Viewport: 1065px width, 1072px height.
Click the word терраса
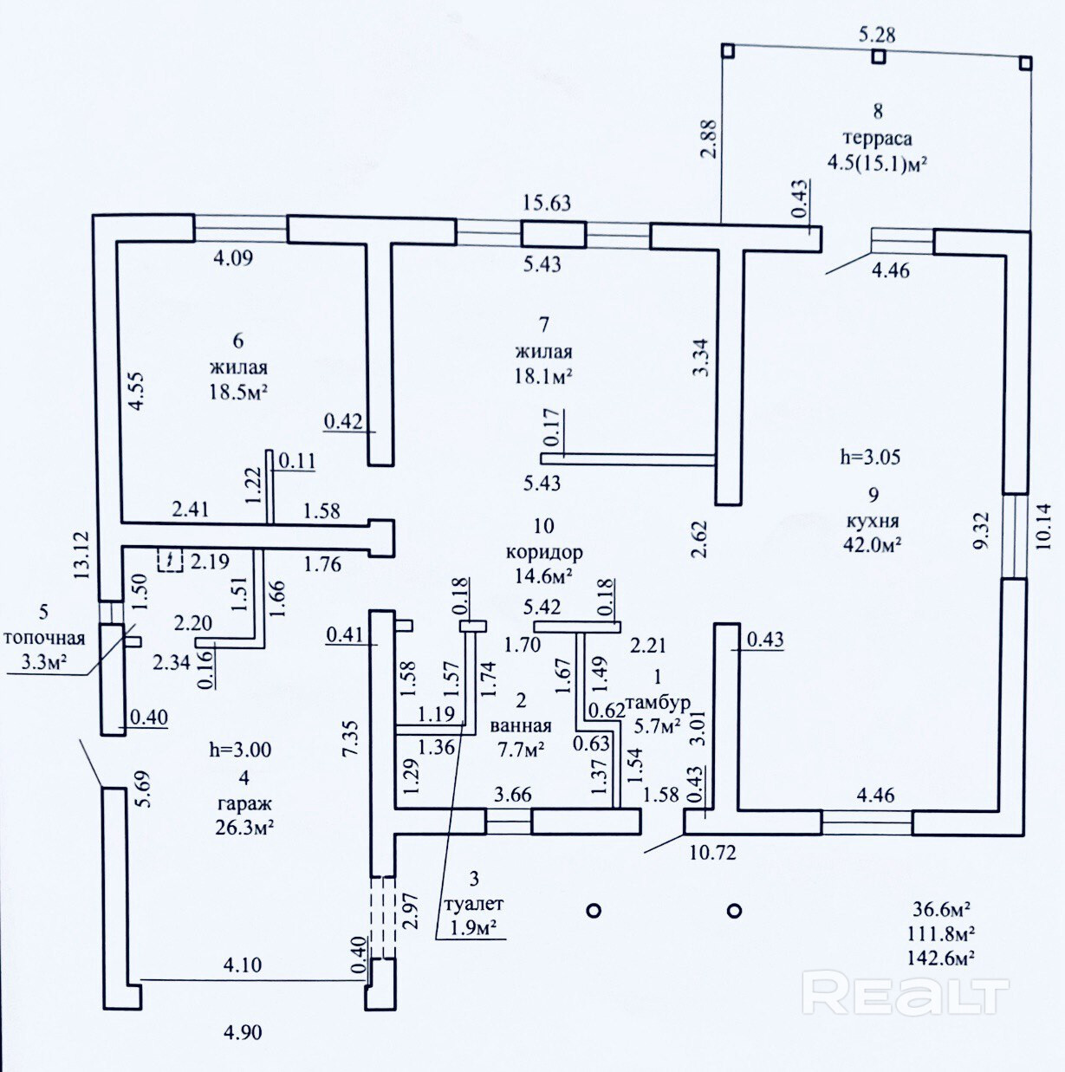877,138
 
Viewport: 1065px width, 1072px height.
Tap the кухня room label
873,522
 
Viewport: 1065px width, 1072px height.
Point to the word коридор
544,552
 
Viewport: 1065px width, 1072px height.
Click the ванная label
520,726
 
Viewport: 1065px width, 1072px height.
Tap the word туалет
473,904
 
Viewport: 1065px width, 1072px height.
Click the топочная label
44,639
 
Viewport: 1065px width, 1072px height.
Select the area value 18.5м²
238,391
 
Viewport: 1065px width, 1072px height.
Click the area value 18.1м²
543,376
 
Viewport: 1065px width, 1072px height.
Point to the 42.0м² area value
873,544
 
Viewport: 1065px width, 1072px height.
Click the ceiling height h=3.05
870,458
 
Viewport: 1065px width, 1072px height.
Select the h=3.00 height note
240,750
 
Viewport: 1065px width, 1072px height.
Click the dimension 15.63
546,203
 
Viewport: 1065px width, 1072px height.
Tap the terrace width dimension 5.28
876,36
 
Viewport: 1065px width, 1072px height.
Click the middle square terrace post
879,57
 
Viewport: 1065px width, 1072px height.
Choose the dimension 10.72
712,852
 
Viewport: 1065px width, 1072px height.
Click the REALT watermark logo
906,993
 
